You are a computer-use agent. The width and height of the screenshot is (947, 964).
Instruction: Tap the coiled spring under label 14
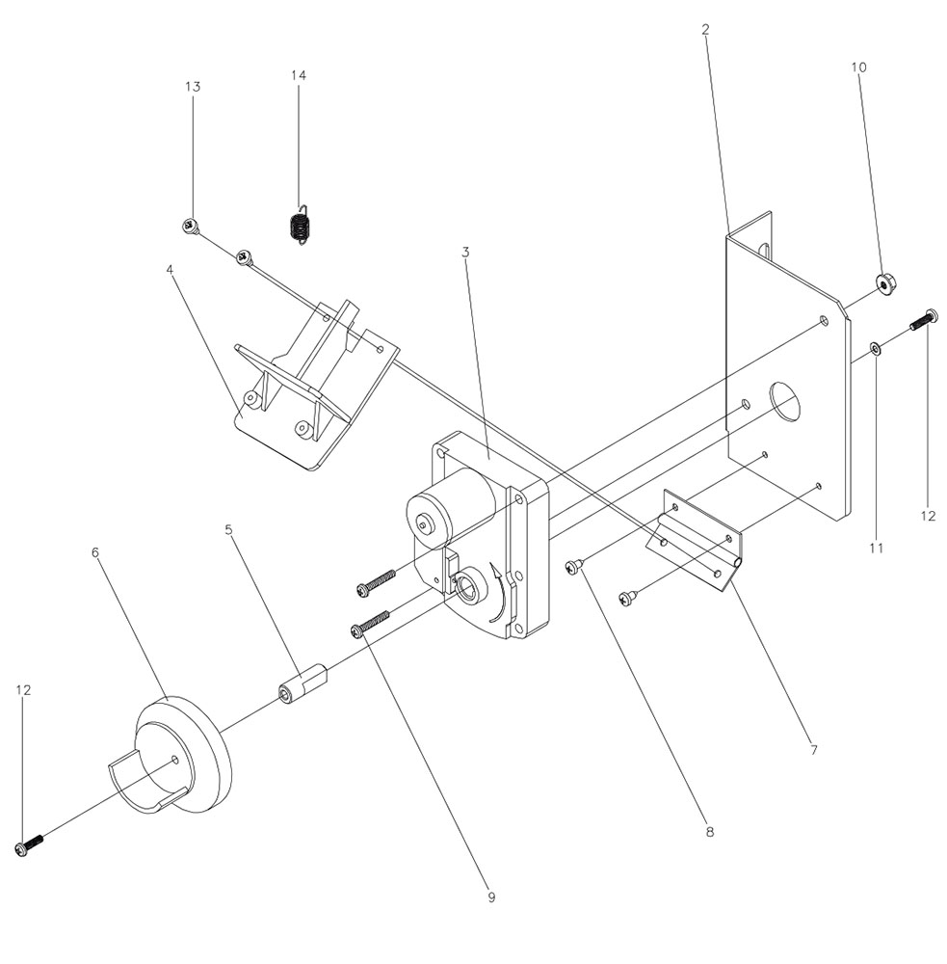(300, 227)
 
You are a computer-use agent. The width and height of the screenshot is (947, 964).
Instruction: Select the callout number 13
(193, 87)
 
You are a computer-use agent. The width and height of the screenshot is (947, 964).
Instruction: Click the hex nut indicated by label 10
(882, 282)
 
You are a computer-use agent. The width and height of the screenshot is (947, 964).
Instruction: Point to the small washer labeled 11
(874, 347)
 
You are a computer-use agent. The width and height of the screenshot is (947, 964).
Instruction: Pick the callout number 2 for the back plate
(705, 30)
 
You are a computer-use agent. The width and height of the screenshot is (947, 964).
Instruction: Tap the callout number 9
(491, 897)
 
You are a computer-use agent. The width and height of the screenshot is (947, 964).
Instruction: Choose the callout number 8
(709, 831)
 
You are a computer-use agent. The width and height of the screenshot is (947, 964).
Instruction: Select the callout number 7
(813, 748)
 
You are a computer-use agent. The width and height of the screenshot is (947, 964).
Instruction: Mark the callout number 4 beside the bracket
(171, 270)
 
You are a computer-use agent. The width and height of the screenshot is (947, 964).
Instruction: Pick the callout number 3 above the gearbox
(465, 253)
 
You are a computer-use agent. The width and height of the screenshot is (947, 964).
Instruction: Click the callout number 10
(858, 67)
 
